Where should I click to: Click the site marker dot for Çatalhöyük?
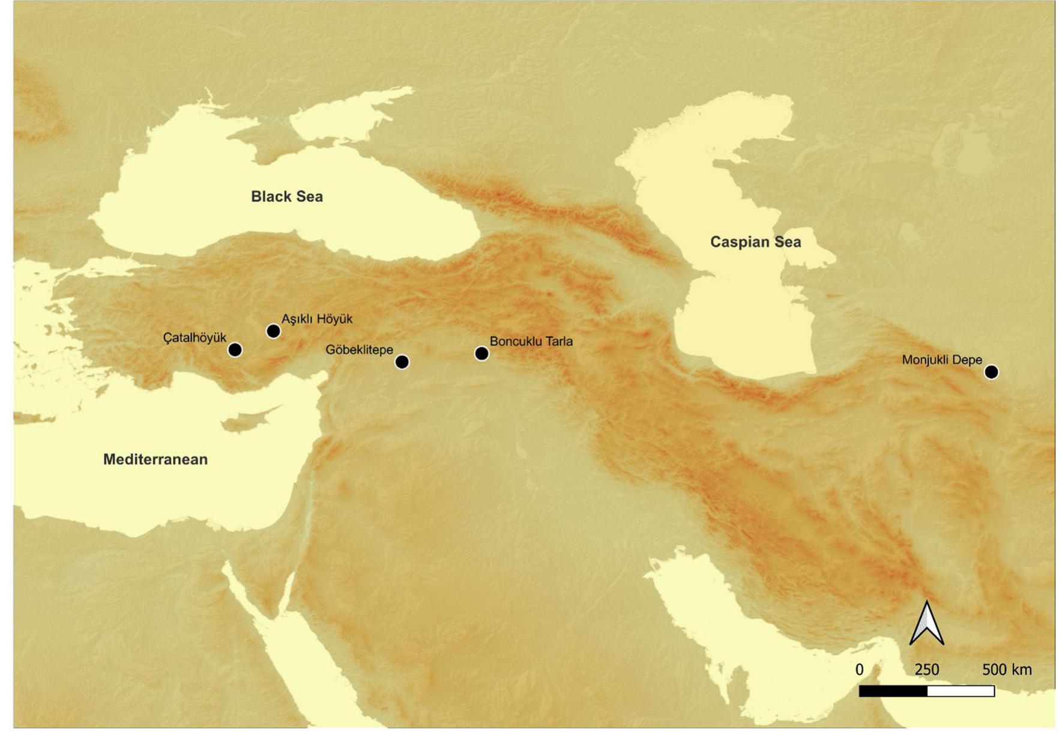[x=235, y=349]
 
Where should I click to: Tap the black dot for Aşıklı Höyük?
[x=273, y=331]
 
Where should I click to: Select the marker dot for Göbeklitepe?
[x=402, y=361]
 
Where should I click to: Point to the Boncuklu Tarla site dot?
[x=481, y=353]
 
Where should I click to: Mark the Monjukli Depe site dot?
[x=991, y=372]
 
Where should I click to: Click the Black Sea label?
[x=286, y=196]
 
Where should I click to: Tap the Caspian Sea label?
[x=755, y=242]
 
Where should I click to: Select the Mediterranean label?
[x=155, y=459]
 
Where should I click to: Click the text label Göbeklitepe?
[x=359, y=349]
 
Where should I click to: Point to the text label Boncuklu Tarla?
[x=531, y=341]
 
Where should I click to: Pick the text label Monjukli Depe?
[x=941, y=360]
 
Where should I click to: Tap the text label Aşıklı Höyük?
[x=317, y=319]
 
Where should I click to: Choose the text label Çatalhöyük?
[x=195, y=337]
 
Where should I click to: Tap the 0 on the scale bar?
[x=860, y=670]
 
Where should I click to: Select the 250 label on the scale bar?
[x=926, y=670]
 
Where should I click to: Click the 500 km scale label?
[x=1006, y=670]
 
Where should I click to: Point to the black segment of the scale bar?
[x=893, y=691]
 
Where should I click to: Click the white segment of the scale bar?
[x=961, y=691]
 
